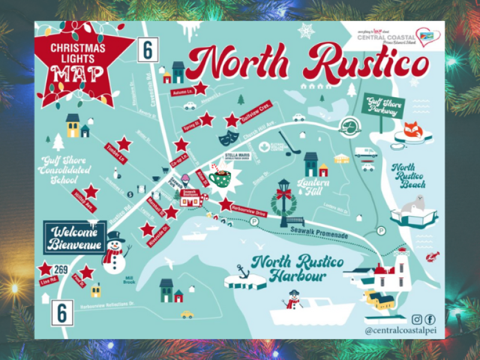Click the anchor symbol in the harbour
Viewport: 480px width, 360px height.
[243, 272]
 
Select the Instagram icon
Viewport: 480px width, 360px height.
[417, 319]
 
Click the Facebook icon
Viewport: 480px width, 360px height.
[430, 319]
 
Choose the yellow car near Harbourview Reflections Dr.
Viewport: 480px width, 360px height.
[187, 314]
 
